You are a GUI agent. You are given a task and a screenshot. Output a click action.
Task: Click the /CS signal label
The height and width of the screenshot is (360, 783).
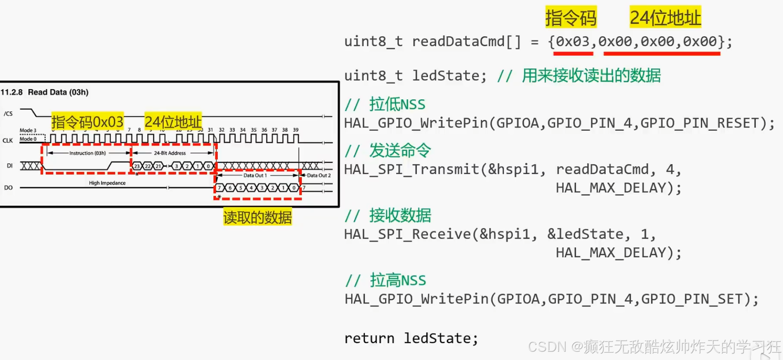tap(8, 114)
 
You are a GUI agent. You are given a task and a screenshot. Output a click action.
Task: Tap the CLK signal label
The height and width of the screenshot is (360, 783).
tap(8, 141)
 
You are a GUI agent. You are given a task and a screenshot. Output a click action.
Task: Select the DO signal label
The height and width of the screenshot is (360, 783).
tap(8, 188)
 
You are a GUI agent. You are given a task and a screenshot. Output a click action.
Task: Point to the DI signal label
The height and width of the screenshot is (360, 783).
tap(9, 166)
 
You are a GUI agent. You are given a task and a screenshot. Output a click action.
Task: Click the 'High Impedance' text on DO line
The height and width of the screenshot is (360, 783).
tap(107, 183)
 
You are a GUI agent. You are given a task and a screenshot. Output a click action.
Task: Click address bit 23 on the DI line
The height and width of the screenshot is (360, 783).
tap(137, 166)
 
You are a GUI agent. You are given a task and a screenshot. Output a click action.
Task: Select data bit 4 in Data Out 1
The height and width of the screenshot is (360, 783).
tap(251, 188)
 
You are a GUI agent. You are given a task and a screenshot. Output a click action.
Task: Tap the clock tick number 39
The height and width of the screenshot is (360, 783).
tap(296, 130)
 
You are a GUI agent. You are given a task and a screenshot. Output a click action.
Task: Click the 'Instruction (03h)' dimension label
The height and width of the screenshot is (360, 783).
tap(87, 153)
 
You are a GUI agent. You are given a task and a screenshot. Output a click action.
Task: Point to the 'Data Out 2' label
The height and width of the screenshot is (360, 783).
tap(319, 175)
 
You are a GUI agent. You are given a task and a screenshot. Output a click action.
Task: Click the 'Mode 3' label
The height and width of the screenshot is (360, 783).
tap(28, 130)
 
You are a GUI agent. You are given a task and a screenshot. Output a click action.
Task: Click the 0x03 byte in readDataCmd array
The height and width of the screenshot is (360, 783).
tap(573, 42)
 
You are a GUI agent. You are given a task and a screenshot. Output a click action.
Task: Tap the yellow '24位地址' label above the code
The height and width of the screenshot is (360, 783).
tap(665, 18)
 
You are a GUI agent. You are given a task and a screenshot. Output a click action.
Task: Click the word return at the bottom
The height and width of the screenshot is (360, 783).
tap(369, 339)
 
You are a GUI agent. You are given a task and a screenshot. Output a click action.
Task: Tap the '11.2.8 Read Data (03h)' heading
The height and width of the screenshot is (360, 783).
tap(45, 92)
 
